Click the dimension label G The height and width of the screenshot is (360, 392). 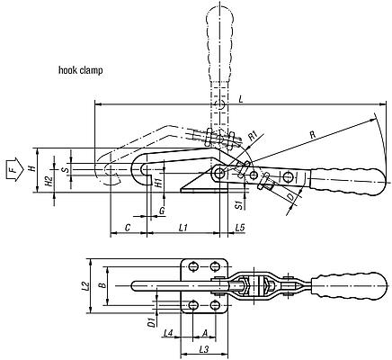161,211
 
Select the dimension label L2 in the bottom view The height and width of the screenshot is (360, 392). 84,287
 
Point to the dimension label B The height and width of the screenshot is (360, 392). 102,286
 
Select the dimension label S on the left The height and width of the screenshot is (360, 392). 65,166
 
